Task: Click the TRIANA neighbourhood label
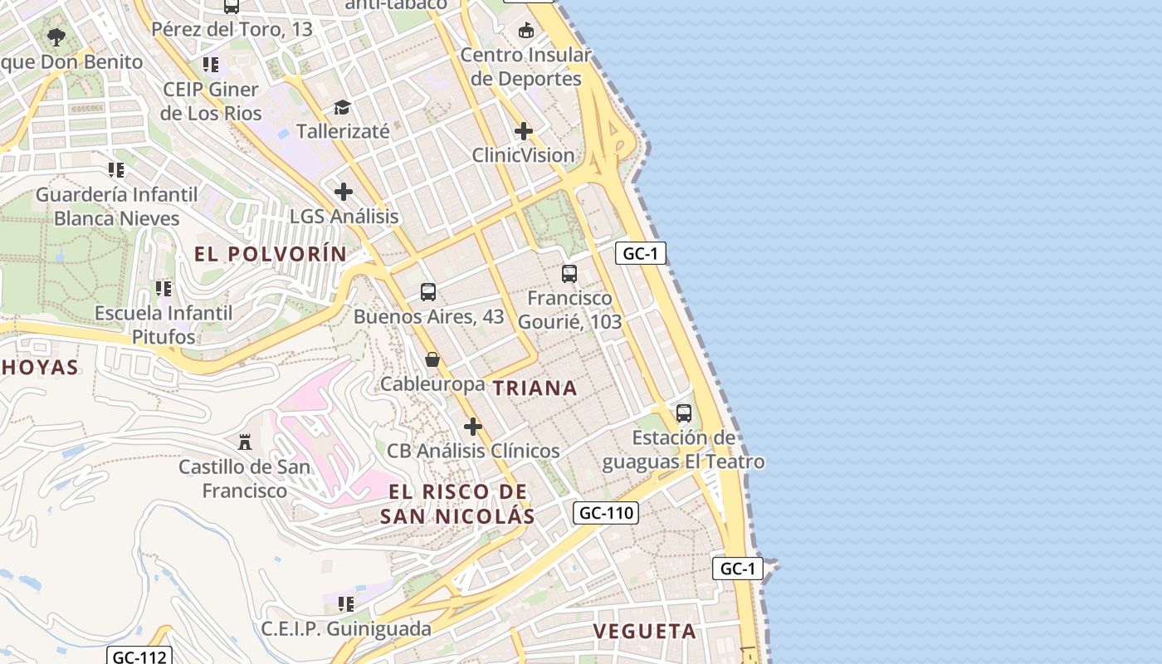tap(535, 388)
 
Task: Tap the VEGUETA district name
tap(644, 631)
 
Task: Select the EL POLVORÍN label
tap(271, 254)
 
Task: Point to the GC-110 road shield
tap(606, 513)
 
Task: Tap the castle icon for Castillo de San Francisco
tap(244, 442)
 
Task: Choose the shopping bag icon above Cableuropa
tap(432, 359)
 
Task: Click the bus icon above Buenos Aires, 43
tap(428, 291)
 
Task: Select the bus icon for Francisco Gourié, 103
tap(569, 273)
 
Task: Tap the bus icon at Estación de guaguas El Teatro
tap(684, 413)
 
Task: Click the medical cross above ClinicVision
tap(524, 131)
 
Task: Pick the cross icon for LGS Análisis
tap(344, 192)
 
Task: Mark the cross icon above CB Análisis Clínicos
tap(473, 427)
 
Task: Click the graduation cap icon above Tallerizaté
tap(342, 107)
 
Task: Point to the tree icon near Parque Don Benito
tap(56, 37)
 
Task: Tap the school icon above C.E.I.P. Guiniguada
tap(346, 603)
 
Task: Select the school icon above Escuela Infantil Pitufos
tap(164, 289)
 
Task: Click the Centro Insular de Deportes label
tap(525, 67)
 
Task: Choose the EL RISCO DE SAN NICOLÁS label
tap(457, 504)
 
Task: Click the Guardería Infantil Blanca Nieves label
tap(116, 207)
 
